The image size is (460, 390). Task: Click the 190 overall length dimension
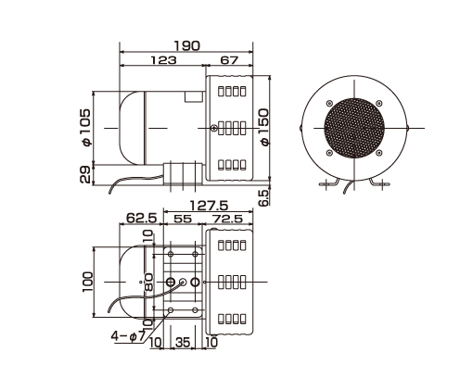point(187,46)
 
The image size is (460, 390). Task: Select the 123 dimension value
point(163,60)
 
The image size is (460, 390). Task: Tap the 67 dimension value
point(229,60)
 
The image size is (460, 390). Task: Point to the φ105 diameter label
point(85,127)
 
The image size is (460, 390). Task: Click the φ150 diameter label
point(264,127)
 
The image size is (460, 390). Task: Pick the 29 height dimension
point(84,174)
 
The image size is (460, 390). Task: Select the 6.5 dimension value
point(263,198)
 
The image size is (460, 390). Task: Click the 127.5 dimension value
point(209,206)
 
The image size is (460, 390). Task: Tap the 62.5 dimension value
point(142,219)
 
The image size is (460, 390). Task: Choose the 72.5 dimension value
point(227,219)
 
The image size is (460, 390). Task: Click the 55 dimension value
point(183,219)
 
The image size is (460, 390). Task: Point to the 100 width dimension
point(87,282)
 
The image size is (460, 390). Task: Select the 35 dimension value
point(183,342)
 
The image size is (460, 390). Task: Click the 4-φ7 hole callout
point(128,336)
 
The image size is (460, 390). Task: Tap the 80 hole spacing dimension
point(148,282)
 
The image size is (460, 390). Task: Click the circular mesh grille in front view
point(354,128)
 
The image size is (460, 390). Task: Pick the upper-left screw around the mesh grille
point(329,103)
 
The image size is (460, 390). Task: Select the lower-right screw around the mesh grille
point(379,153)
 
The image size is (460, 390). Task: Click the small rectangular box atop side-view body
point(194,96)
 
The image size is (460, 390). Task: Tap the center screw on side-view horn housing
point(213,128)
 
